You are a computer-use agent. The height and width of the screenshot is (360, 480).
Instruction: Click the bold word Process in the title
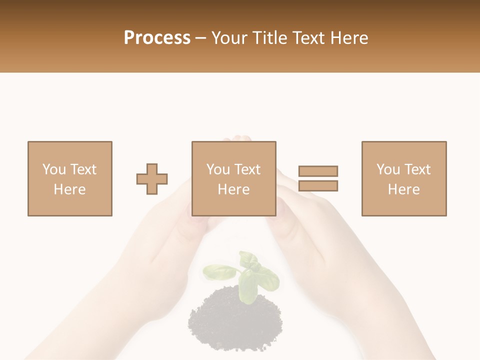[x=157, y=38]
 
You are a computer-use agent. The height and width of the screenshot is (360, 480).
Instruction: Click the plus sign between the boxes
[x=152, y=179]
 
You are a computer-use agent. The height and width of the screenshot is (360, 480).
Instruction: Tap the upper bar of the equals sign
[x=318, y=171]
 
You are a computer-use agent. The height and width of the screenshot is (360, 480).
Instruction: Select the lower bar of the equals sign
[x=318, y=185]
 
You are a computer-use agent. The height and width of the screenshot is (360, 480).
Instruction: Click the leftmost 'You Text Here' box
[x=69, y=178]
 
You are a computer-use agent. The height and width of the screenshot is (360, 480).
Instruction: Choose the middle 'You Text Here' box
[x=233, y=178]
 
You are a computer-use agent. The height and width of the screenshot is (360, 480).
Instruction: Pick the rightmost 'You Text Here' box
[x=403, y=178]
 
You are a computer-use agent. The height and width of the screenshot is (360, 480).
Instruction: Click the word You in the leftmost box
[x=54, y=169]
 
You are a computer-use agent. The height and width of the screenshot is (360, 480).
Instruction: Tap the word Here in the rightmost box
[x=403, y=189]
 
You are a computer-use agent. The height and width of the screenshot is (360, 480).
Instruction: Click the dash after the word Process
[x=200, y=38]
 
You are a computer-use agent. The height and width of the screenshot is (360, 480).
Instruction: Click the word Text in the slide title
[x=306, y=38]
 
